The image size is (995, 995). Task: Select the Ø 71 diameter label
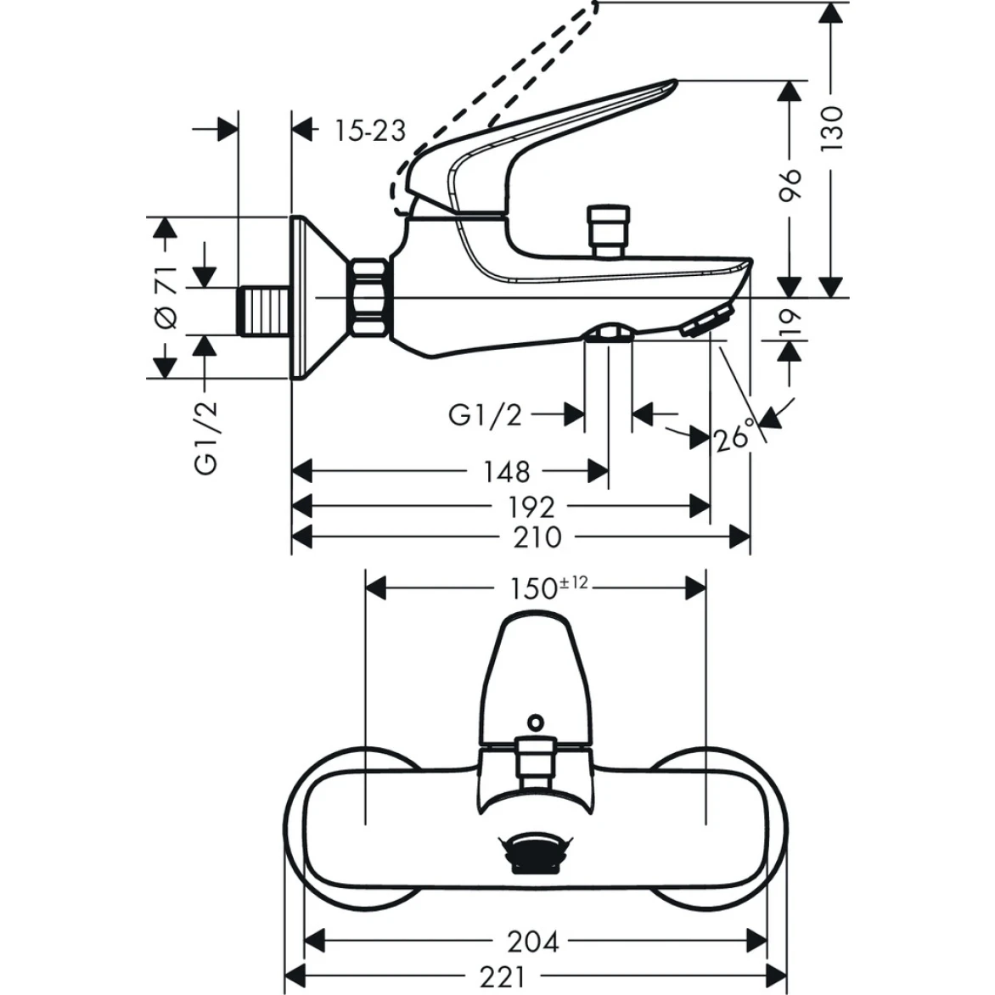pyautogui.click(x=166, y=296)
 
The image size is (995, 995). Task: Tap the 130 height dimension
pyautogui.click(x=834, y=128)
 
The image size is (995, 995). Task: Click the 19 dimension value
pyautogui.click(x=790, y=320)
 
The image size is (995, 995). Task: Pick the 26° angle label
pyautogui.click(x=735, y=437)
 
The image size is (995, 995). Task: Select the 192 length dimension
pyautogui.click(x=531, y=508)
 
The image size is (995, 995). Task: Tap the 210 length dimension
pyautogui.click(x=537, y=537)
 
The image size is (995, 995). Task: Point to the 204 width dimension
pyautogui.click(x=533, y=942)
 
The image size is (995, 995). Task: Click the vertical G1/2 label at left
pyautogui.click(x=206, y=437)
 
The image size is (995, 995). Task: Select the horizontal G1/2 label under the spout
pyautogui.click(x=485, y=415)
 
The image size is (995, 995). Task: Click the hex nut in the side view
pyautogui.click(x=370, y=297)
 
